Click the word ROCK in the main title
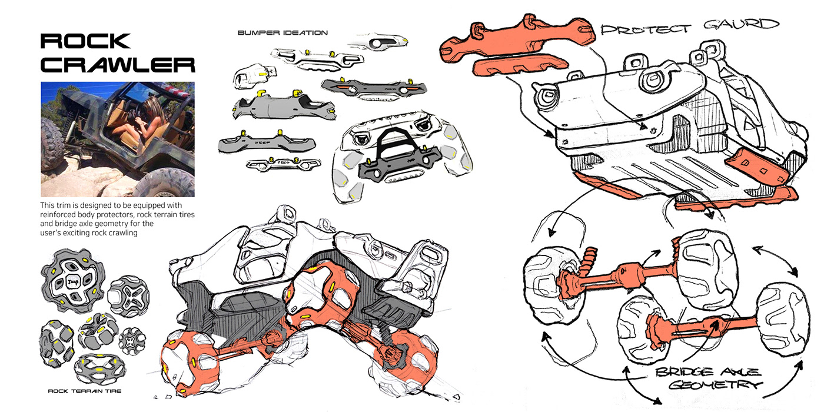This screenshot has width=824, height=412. point(86,41)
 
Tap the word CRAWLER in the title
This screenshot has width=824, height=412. point(118,65)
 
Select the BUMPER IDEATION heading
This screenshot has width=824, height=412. point(283,32)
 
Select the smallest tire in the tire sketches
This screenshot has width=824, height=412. point(132,340)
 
